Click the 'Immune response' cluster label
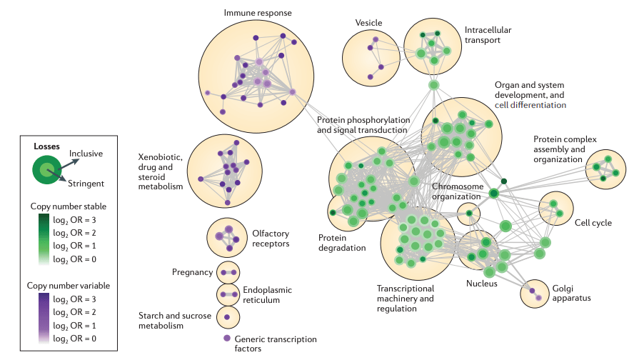(258, 13)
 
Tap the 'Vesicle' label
(369, 23)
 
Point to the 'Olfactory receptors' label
(271, 239)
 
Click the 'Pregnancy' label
(192, 272)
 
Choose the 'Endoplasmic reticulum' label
(261, 295)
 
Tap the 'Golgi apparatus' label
(569, 293)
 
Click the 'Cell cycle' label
(593, 223)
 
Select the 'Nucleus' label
(482, 283)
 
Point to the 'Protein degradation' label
(342, 243)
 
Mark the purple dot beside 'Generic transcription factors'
(227, 338)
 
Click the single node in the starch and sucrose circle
(227, 316)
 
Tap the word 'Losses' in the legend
(47, 146)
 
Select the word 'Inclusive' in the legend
(86, 154)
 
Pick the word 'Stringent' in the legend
(86, 184)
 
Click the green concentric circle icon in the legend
(46, 169)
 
